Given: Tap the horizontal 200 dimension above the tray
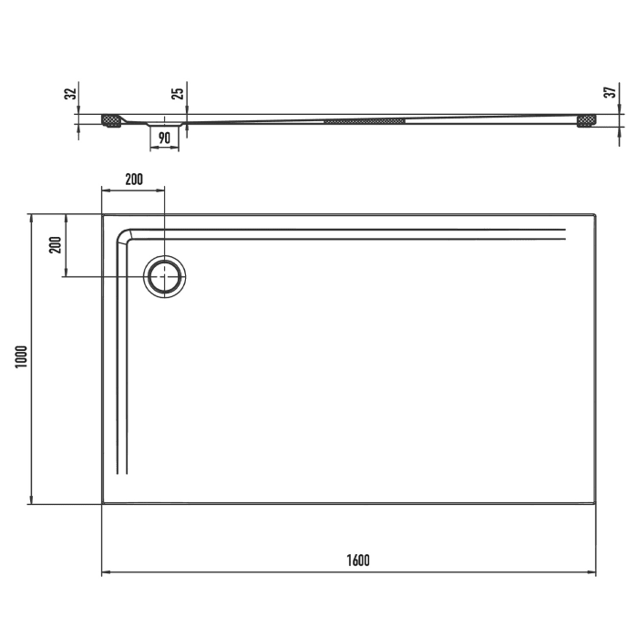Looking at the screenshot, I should click(x=133, y=179).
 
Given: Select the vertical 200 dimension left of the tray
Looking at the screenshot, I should click(x=55, y=244).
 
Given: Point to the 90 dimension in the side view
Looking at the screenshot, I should click(x=165, y=138).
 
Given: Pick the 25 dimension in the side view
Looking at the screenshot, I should click(x=180, y=92).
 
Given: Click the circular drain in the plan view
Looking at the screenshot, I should click(x=165, y=274).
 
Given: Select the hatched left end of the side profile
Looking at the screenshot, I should click(x=112, y=120).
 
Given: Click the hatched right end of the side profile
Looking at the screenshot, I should click(x=585, y=119).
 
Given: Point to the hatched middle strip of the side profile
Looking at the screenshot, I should click(x=365, y=119).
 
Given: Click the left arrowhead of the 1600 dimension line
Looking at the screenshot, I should click(x=104, y=572).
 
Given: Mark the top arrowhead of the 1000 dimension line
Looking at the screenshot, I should click(x=31, y=218).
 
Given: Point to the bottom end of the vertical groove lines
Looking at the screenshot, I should click(x=124, y=473).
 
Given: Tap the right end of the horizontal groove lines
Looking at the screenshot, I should click(x=565, y=233).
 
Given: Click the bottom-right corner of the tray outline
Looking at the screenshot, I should click(x=595, y=502).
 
